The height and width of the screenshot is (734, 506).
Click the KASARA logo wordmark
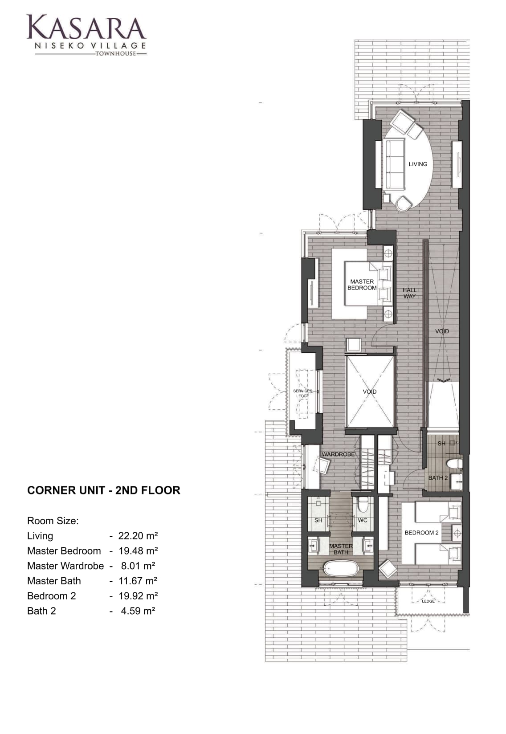coord(86,28)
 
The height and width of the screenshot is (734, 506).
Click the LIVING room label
coord(418,164)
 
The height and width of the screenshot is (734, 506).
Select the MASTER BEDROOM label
coord(362,285)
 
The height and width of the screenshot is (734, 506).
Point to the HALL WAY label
coord(409,293)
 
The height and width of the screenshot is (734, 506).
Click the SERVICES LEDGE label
coord(302,393)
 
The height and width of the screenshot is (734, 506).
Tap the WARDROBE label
coord(338,454)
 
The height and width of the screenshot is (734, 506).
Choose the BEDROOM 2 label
coord(421,533)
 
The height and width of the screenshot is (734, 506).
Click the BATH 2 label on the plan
coord(438,478)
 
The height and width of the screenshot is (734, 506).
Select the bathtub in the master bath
coord(340,569)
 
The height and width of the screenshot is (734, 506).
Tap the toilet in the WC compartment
coord(363,505)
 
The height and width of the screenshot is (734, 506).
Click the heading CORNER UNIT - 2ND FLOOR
coord(103,490)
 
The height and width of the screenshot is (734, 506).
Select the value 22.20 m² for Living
coord(138,536)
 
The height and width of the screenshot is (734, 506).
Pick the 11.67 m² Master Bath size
coord(138,581)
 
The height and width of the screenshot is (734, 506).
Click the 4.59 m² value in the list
coord(138,611)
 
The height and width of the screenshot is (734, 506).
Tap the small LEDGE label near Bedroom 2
coord(428,601)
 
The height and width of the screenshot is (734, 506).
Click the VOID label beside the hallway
coord(442,331)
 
